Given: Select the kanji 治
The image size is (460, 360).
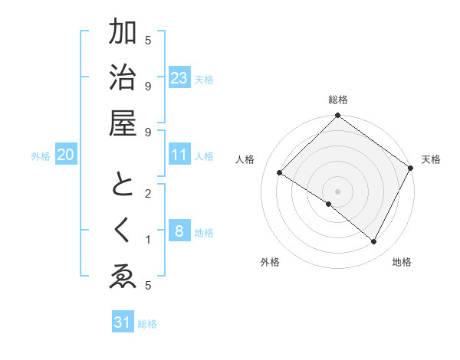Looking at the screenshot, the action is pos(123,77).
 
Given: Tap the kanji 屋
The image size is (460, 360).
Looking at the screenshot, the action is pos(123,123).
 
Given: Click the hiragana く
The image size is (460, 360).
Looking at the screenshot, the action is pos(123,230).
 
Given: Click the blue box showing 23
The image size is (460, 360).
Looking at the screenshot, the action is pos(179,77).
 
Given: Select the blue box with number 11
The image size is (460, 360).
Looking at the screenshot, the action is pos(179,155).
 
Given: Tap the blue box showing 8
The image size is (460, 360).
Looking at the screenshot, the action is pos(179,231).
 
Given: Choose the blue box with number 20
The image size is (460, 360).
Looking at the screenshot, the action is pos(66,155).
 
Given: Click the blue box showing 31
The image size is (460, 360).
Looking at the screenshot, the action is pos(123,322).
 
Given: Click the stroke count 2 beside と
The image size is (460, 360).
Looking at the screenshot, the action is pos(149,193).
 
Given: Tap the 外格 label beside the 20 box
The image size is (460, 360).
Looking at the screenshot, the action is pos(41,155).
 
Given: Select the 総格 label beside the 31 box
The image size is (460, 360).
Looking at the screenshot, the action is pos(147,324).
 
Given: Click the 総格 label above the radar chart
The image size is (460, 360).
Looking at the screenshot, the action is pos(337,100).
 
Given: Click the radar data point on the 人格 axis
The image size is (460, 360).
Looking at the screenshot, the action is pos(280,173).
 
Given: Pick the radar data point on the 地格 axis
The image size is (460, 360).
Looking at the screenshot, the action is pos(374,242).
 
